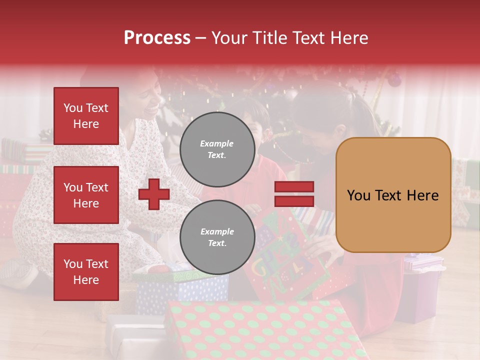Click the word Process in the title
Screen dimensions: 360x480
click(157, 38)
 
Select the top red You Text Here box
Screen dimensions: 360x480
click(86, 116)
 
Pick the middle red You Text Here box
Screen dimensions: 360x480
click(86, 195)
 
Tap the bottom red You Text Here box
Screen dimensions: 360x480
click(86, 271)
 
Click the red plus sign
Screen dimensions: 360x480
click(154, 194)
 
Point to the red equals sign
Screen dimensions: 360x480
click(294, 194)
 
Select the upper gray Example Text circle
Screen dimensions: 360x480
click(217, 149)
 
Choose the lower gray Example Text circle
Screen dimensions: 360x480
click(217, 237)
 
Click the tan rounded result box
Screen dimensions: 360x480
click(393, 195)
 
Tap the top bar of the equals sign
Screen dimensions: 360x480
click(294, 187)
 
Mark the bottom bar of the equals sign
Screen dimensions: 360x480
click(294, 201)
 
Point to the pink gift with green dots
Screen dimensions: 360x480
click(265, 330)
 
